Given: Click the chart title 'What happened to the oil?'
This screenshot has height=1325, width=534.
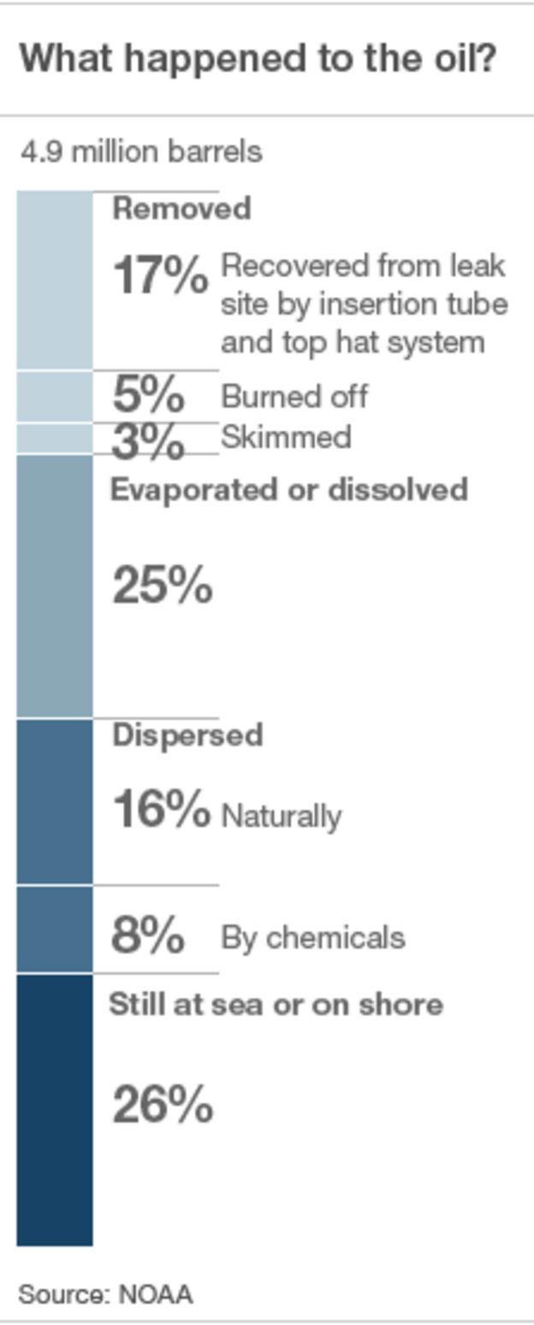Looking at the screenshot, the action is (258, 59).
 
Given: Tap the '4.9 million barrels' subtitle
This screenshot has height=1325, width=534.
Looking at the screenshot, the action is (141, 152).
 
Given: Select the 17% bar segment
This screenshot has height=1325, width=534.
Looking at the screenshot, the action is (55, 281).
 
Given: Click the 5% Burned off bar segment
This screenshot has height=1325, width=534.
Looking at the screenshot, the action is (55, 397).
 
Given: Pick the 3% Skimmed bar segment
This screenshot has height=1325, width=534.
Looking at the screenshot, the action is (55, 438).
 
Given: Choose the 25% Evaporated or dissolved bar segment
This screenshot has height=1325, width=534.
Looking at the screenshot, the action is (55, 585).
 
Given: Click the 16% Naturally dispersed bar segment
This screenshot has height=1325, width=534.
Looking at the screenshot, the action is (55, 801).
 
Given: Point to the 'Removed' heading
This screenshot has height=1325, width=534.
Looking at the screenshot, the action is (181, 208).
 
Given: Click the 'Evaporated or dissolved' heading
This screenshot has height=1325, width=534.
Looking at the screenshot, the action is (289, 490).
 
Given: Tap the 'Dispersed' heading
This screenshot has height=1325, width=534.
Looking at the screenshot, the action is (187, 736).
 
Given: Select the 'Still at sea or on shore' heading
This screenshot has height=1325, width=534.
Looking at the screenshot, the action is (276, 1004).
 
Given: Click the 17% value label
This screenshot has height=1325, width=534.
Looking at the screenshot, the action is (160, 275).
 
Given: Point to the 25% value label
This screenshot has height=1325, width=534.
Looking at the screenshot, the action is (163, 585).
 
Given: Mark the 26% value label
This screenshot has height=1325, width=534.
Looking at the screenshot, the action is (163, 1104).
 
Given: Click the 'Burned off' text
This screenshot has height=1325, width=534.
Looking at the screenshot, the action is (294, 396).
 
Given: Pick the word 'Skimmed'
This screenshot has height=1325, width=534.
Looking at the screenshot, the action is (286, 437).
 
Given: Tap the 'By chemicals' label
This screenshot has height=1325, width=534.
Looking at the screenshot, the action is (313, 938).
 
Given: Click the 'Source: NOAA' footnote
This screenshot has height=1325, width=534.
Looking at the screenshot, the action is (105, 1294).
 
